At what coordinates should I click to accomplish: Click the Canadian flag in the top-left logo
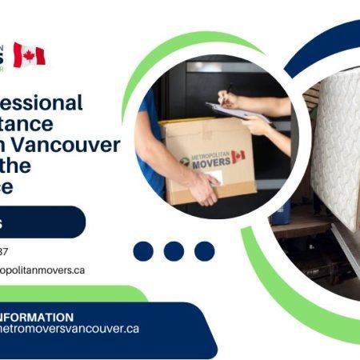coord(29,54)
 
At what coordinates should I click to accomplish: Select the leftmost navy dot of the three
coord(143,251)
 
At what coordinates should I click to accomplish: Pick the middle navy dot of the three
coord(174,251)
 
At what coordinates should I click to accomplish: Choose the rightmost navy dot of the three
coord(204,251)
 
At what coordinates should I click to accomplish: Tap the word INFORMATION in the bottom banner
coord(38,317)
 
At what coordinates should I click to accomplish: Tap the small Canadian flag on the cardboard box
coord(238,155)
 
